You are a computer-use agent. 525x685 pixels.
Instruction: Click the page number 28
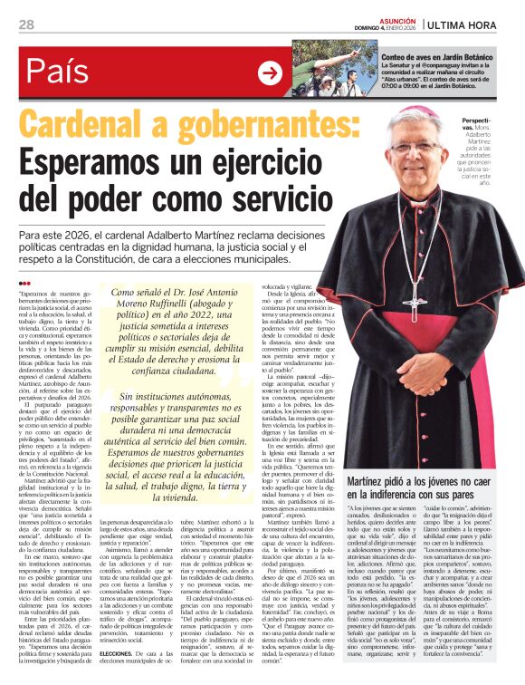[x=26, y=24]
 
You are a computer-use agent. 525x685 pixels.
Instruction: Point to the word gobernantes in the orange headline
[x=271, y=129]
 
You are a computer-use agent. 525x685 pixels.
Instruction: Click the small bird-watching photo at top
[x=322, y=70]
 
